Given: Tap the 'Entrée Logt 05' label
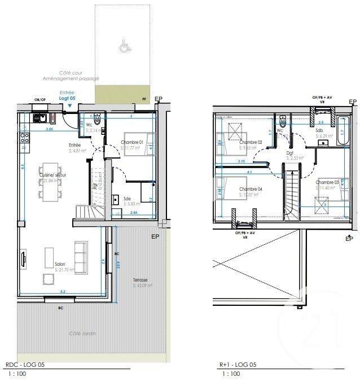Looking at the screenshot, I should pos(68,96).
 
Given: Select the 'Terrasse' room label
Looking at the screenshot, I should pos(141,280).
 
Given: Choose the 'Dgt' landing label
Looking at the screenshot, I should pos(289,152).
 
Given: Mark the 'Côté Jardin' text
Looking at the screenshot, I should pos(82,333).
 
